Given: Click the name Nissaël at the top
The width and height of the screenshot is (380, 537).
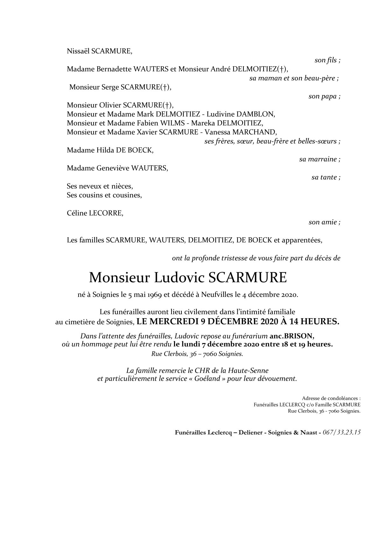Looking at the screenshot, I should (78, 51).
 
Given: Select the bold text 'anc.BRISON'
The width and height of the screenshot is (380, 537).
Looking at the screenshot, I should (293, 336).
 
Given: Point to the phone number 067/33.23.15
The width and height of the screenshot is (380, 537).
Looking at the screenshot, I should (341, 433).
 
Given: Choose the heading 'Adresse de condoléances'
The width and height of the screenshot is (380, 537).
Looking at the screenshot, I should (331, 398).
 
